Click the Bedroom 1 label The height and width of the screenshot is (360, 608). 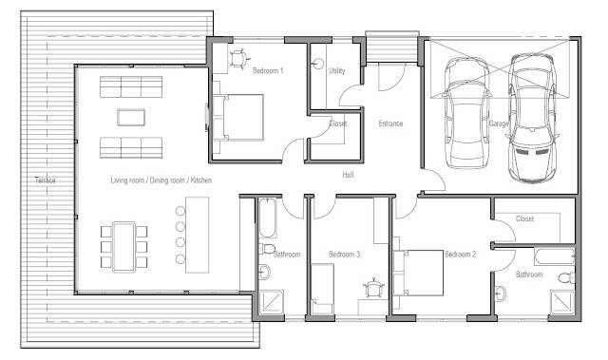pos(268,70)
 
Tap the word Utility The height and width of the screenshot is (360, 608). pos(336,70)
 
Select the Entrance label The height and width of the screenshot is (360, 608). pos(390,123)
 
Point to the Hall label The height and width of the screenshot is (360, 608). pos(348,175)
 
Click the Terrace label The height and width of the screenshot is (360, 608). pos(45,180)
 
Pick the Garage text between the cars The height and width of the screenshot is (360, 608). pos(498,123)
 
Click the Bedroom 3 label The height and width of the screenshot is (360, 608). pos(344,255)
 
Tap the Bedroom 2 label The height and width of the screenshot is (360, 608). pos(460,255)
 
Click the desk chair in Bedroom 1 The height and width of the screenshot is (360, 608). pos(238,59)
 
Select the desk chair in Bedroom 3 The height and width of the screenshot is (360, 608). pos(373,289)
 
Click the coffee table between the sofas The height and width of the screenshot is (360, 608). pos(131,118)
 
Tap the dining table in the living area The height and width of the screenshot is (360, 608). pos(124,247)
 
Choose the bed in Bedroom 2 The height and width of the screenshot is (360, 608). pos(418,273)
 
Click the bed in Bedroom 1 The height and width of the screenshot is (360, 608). pos(238,117)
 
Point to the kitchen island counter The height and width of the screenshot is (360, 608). pos(198,235)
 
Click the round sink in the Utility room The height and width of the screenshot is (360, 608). pos(318,64)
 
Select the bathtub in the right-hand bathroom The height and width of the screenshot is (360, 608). pos(555,256)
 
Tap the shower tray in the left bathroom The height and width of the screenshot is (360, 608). pos(272,301)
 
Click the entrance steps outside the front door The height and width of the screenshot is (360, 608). pos(392,48)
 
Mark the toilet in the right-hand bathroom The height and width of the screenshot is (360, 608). pos(567,277)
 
